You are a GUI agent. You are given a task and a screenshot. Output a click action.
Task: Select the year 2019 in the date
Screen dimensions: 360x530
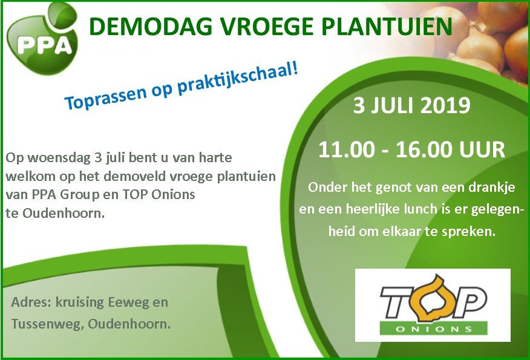[441, 106]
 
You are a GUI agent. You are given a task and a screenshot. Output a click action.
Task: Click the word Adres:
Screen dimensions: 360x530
[32, 302]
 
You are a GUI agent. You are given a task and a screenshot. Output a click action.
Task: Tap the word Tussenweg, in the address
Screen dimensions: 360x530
[47, 324]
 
